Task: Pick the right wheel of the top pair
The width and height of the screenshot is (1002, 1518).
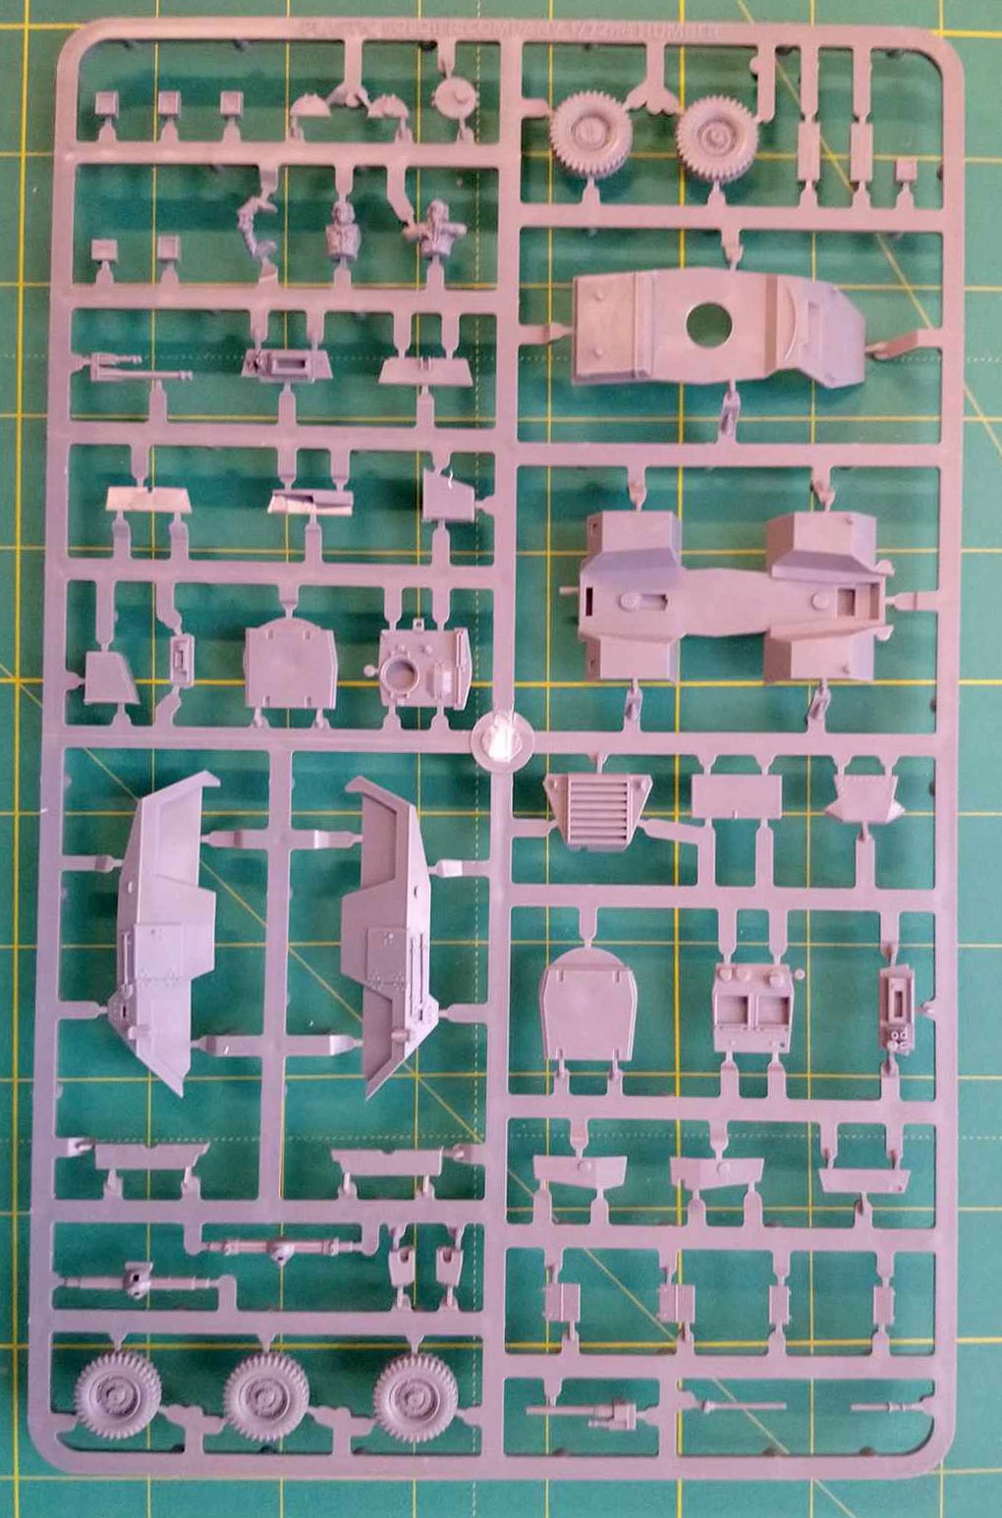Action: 718,136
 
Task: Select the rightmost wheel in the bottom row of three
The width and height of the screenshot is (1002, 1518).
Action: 417,1395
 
